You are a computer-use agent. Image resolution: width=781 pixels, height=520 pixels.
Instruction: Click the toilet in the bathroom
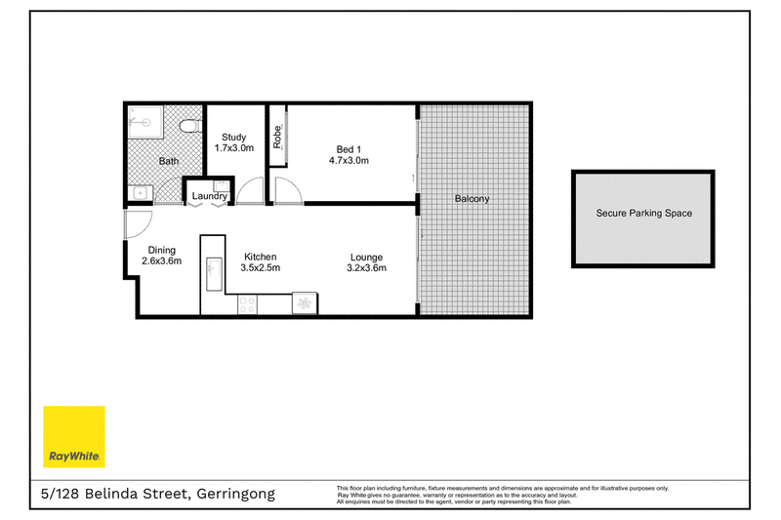coord(191,126)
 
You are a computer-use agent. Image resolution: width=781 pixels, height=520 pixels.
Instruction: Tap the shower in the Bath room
coord(145,122)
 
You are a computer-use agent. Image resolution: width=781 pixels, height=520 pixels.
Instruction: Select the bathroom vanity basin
coord(140,193)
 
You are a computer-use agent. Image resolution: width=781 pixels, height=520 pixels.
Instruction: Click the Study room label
coord(234,137)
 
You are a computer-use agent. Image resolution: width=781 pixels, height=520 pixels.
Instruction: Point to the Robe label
coord(277,137)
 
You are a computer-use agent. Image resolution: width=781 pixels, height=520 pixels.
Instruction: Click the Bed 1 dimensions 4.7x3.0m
coord(349,160)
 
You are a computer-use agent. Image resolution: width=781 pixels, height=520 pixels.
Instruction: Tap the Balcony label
coord(472,199)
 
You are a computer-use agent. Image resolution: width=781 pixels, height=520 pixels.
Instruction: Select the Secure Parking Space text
coord(644,213)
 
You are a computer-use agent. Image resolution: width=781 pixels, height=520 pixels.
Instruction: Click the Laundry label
coord(210,196)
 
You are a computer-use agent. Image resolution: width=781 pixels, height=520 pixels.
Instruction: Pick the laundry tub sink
coord(222,186)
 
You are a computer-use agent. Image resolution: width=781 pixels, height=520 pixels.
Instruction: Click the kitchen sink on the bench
coord(214,274)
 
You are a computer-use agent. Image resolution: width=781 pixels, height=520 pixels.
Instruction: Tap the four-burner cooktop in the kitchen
coord(248,304)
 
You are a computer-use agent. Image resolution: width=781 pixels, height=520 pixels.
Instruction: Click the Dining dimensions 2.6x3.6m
coord(161,260)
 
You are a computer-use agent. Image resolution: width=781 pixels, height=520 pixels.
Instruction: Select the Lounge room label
coord(367,258)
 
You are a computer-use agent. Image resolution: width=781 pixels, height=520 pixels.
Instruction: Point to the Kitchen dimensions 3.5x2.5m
coord(261,267)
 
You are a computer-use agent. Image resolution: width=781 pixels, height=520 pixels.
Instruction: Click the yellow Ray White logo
coord(74,436)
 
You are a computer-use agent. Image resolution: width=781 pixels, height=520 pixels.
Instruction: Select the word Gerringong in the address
coord(236,494)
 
